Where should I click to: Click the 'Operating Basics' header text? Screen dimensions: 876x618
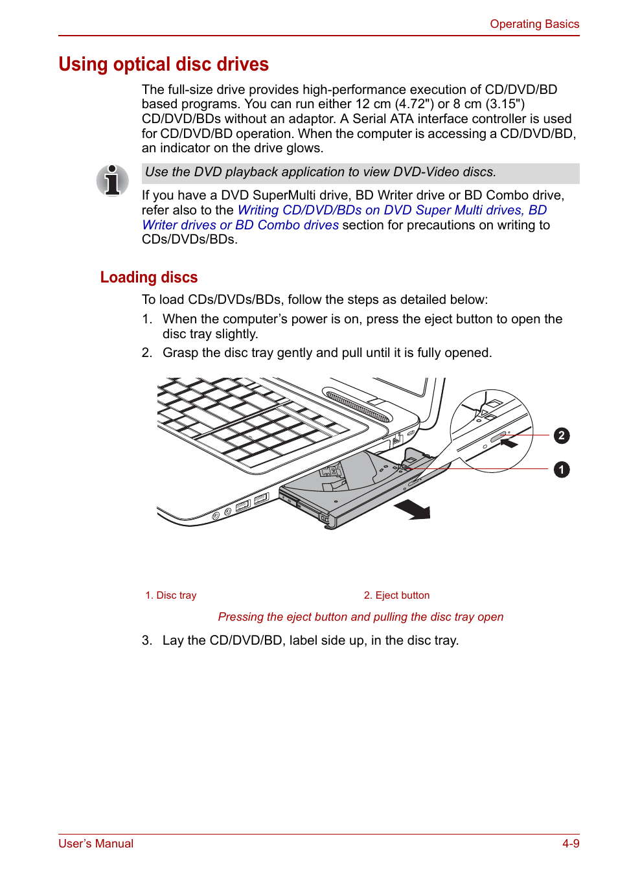pos(534,24)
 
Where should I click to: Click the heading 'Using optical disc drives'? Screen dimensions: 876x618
pos(163,64)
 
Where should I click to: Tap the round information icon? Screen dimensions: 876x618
pos(112,180)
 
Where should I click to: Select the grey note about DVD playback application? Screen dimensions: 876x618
pos(360,172)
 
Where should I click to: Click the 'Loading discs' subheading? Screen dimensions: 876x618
pos(149,277)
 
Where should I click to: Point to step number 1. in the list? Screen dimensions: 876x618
pos(147,319)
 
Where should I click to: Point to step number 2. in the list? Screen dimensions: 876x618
pos(147,353)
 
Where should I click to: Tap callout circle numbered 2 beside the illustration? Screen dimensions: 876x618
pos(562,435)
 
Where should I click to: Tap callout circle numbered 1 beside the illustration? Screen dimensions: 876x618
pos(562,469)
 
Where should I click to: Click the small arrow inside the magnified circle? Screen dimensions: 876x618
pos(509,444)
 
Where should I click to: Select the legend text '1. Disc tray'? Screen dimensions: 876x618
pos(171,595)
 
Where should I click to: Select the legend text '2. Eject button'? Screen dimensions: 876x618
pos(396,595)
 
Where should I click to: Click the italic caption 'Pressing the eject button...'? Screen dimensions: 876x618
pos(360,617)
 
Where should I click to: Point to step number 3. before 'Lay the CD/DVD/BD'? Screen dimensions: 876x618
pos(147,641)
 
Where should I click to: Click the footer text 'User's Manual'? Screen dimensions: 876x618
pos(96,844)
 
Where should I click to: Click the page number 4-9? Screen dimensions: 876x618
pos(570,844)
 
